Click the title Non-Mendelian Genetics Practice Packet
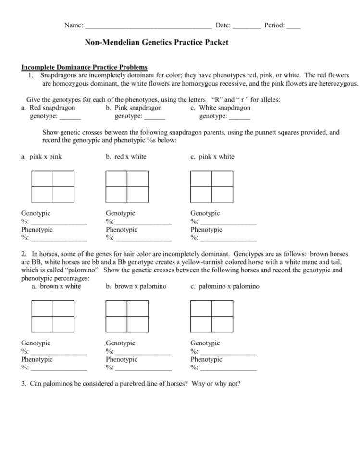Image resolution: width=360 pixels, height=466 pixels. coord(157,43)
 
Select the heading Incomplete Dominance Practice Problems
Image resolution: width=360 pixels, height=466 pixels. coord(84,67)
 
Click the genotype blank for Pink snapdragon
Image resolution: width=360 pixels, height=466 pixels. coord(155,117)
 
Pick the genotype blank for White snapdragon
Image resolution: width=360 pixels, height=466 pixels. coord(239,117)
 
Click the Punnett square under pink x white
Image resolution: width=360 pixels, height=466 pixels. coord(212,186)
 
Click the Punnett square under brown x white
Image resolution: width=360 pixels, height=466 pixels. coord(53,316)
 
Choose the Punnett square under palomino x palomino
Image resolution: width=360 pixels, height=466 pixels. coord(212,316)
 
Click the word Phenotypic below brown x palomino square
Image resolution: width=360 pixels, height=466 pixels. coord(121,360)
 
